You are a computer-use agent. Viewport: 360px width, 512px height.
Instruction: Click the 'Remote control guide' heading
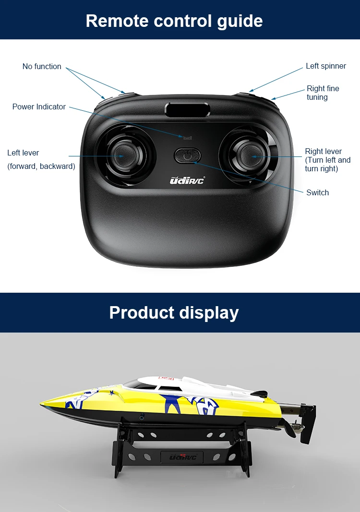pos(174,21)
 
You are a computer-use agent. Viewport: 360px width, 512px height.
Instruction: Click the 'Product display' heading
pos(174,312)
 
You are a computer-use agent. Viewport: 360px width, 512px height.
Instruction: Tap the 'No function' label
pos(42,66)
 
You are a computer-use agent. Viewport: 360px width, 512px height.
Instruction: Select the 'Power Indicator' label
pos(39,107)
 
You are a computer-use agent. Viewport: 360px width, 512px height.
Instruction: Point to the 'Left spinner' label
pos(326,66)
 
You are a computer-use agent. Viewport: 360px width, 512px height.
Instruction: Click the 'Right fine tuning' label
pos(323,93)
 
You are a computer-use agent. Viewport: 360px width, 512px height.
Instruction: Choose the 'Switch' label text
pos(317,192)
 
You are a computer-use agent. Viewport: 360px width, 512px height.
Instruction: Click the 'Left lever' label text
pos(23,153)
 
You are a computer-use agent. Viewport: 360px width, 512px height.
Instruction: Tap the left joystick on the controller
pos(122,155)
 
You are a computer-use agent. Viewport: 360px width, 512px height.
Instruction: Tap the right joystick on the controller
pos(250,156)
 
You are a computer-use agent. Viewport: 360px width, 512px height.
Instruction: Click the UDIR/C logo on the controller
pos(187,181)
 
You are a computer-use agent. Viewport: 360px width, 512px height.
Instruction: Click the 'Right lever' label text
pos(324,151)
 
